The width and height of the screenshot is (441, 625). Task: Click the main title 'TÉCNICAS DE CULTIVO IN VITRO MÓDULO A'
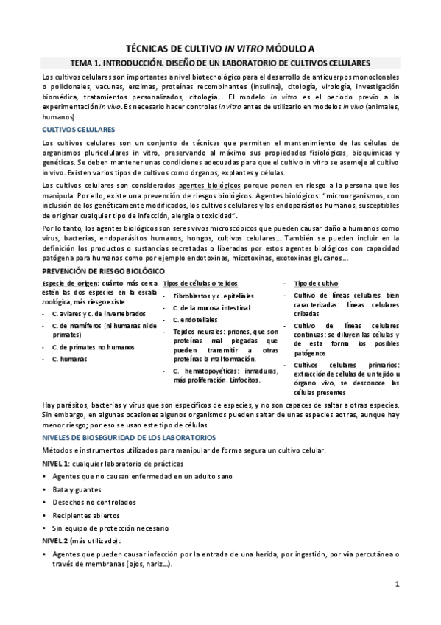[220, 46]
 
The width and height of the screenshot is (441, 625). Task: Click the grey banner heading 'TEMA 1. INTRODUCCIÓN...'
[220, 63]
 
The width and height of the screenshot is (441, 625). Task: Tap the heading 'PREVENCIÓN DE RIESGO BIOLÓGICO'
[96, 272]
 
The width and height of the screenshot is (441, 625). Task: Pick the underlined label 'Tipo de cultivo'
[318, 284]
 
